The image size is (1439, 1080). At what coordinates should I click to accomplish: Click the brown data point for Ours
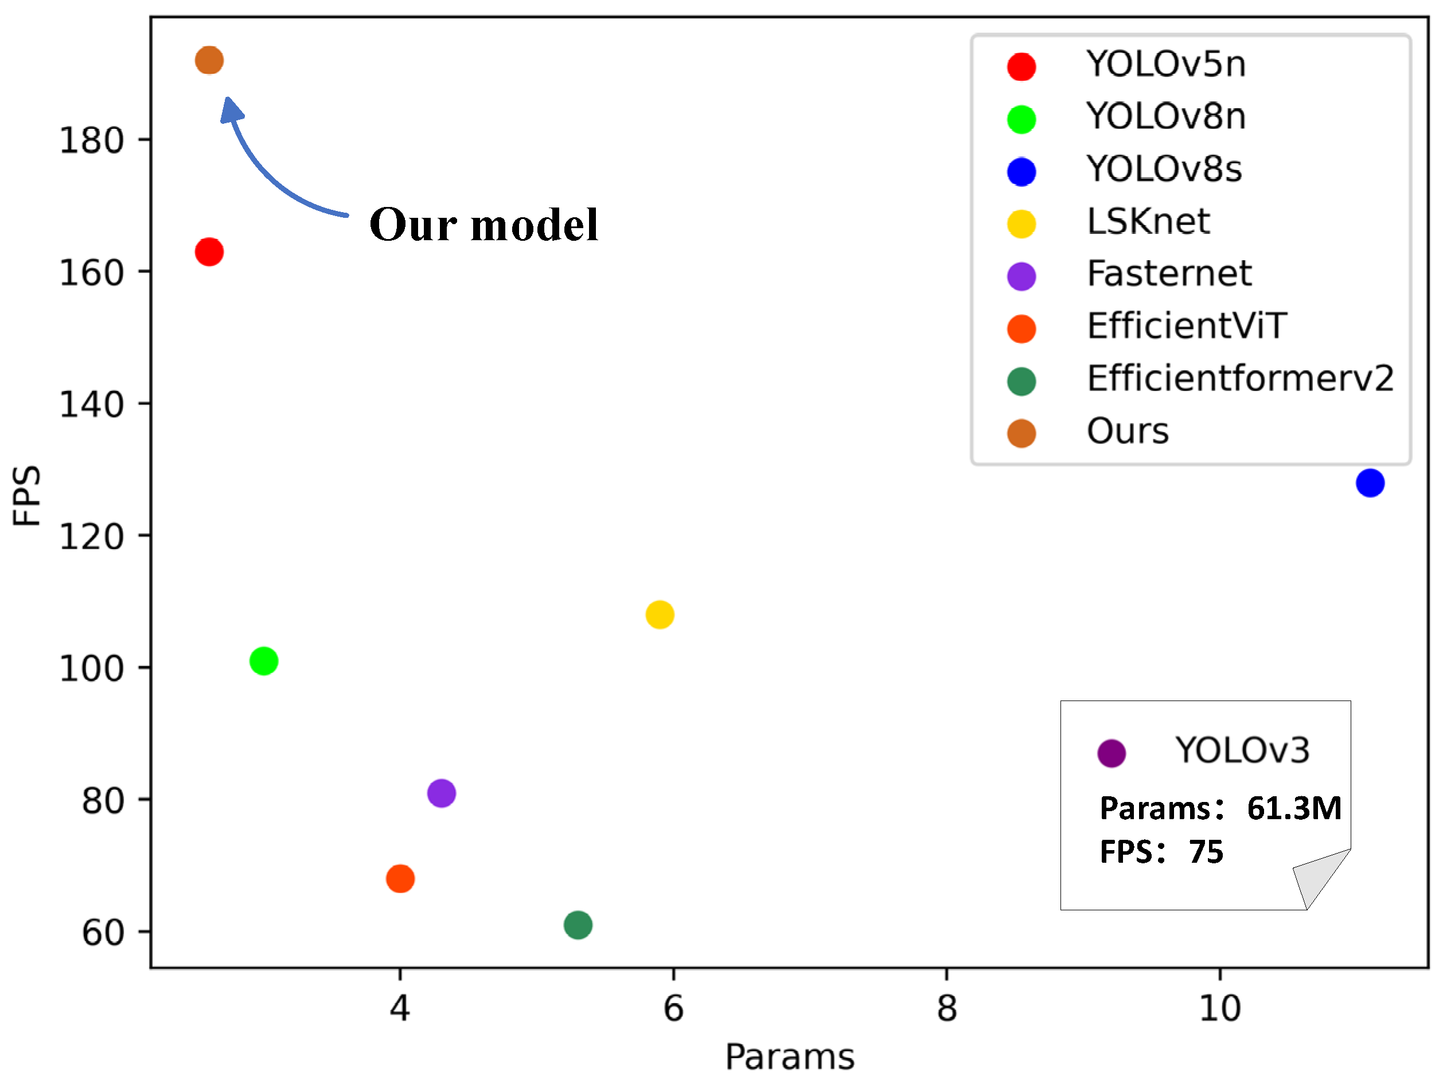(x=209, y=60)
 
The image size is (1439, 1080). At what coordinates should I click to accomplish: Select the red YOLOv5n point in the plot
(x=209, y=252)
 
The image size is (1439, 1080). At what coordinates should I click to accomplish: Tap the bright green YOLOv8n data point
(x=263, y=662)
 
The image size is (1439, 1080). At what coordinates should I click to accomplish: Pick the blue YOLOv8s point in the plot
(x=1370, y=483)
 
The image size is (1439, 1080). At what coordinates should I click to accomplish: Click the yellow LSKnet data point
(x=660, y=615)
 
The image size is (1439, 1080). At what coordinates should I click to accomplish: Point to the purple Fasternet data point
(x=441, y=793)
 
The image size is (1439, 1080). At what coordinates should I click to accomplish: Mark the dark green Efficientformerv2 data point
(x=578, y=925)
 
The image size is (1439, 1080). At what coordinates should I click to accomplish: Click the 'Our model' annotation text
(x=483, y=225)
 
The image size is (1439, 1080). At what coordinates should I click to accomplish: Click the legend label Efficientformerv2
(x=1240, y=378)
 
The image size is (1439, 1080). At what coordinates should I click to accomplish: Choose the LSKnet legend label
(x=1148, y=221)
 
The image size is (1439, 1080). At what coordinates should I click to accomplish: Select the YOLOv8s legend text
(x=1164, y=169)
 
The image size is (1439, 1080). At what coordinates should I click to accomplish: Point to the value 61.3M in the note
(x=1294, y=808)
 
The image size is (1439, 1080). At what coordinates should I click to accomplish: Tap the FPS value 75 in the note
(x=1206, y=852)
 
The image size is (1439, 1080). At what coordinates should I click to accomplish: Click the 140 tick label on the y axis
(x=92, y=405)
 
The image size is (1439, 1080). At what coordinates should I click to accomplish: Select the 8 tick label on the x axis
(x=946, y=1008)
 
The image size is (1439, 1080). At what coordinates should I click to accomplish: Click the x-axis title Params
(x=790, y=1056)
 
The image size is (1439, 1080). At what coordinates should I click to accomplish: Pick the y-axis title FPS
(x=28, y=495)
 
